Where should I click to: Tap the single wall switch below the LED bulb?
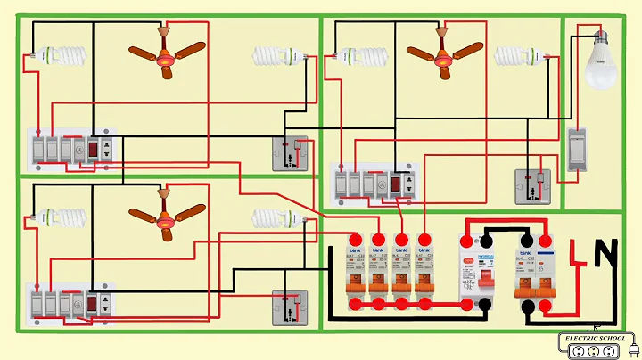tap(577, 149)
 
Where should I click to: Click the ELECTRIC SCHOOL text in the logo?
tap(595, 337)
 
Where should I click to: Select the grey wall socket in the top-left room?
tap(290, 154)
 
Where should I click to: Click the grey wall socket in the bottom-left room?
tap(290, 308)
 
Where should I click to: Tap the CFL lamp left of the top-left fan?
tap(62, 54)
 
